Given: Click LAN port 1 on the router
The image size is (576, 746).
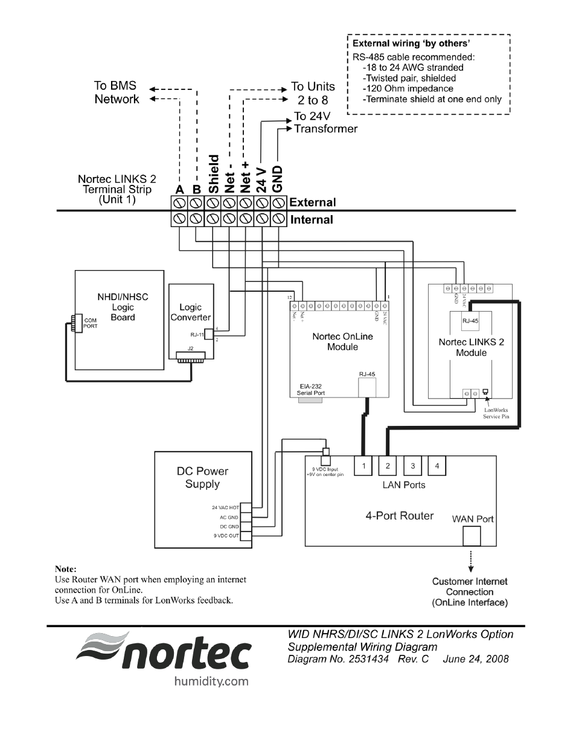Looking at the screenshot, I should point(363,466).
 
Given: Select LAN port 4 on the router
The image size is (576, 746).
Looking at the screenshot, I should point(437,466).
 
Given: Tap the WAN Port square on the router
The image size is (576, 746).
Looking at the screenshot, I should point(472,536).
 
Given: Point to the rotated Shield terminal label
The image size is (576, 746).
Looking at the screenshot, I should point(213,174).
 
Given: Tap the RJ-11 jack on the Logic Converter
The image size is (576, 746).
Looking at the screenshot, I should point(209,334).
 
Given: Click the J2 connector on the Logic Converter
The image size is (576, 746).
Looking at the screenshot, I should point(191,357).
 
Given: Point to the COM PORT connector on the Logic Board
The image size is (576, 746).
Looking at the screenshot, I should point(74,323).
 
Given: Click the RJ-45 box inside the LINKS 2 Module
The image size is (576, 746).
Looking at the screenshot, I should point(470,321).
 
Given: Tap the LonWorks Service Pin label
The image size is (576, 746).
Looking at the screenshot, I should point(496,413).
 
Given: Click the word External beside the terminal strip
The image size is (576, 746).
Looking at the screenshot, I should point(313,202).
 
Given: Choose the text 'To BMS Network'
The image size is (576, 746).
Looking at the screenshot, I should point(116,92).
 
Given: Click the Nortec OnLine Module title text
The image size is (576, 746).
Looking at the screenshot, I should point(342,341).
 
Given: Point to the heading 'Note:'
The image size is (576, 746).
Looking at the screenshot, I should point(66,569).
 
